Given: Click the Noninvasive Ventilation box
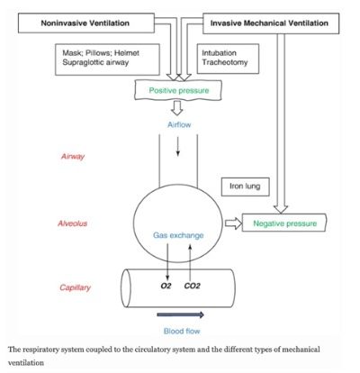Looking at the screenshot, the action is point(86,23).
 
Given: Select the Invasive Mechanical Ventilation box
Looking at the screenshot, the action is point(271,23).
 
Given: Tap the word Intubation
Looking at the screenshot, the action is point(219,53).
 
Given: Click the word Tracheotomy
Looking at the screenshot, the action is point(225,62).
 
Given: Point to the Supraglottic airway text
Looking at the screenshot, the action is point(95,62).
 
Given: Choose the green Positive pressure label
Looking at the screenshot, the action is point(179,90).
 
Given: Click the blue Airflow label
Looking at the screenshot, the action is point(179,124).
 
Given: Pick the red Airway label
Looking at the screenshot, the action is point(73,157).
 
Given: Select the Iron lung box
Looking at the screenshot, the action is point(245,186).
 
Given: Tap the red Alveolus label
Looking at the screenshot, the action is point(73,223).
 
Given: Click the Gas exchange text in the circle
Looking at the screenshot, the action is point(178,235).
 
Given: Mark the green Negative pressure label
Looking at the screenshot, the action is point(285,223).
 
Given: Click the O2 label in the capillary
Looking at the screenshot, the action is point(166,286).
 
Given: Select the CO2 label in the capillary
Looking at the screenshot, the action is point(192,286).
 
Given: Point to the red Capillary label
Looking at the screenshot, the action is point(75,287).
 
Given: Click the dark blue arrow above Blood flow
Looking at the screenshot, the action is point(180,314).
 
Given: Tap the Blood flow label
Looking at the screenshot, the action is point(182,331).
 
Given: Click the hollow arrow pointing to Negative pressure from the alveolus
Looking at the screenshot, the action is point(233,223).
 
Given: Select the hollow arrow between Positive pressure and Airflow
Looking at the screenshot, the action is point(177,108).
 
